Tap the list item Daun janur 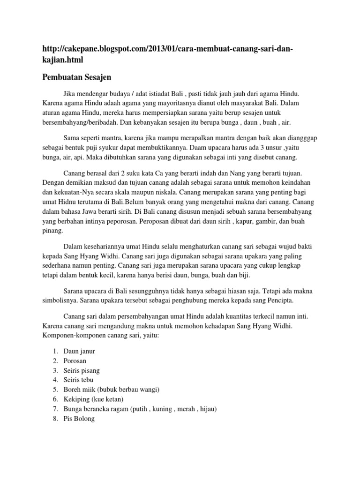point(79,351)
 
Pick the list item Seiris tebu point(78,380)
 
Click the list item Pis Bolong point(79,419)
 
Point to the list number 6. point(55,399)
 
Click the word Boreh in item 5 point(73,390)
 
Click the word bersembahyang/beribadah point(82,123)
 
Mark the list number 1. point(55,351)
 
